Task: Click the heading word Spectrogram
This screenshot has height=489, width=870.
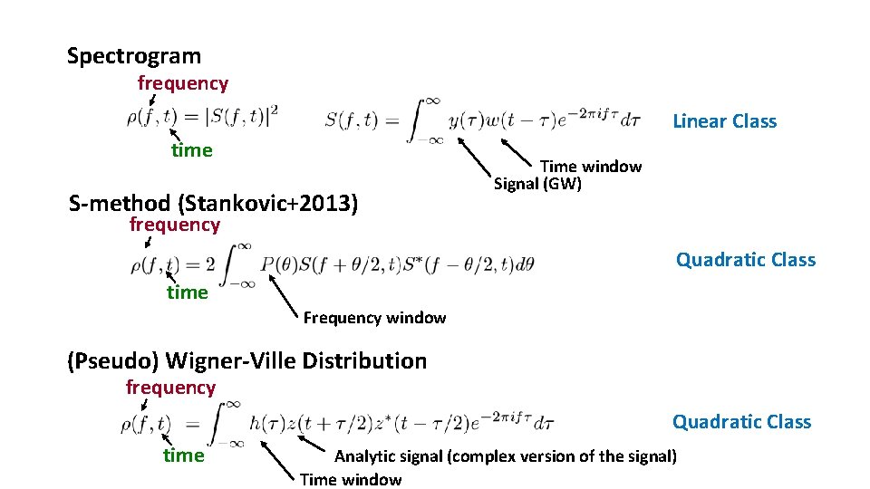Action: [134, 56]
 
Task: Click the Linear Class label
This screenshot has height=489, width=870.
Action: [724, 121]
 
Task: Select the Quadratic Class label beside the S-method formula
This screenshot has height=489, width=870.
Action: [745, 260]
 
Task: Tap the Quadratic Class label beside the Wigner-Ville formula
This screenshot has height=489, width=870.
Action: [741, 421]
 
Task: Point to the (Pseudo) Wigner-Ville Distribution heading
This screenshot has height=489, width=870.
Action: [246, 360]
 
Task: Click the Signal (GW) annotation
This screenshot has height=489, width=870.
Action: [537, 185]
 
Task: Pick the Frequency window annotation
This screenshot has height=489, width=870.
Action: [374, 318]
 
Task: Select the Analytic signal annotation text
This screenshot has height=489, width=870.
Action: [506, 455]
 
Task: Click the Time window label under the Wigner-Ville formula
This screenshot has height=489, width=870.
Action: [351, 479]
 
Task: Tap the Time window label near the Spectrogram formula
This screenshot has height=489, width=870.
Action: [591, 167]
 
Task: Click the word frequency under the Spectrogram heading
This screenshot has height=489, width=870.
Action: [183, 83]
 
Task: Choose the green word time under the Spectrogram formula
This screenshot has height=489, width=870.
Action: [192, 150]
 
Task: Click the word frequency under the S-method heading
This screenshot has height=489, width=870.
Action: [175, 225]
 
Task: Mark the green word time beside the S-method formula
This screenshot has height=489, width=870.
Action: [188, 292]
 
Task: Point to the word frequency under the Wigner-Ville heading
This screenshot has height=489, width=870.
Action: [170, 388]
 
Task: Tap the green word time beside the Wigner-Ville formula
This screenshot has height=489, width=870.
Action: [184, 455]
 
